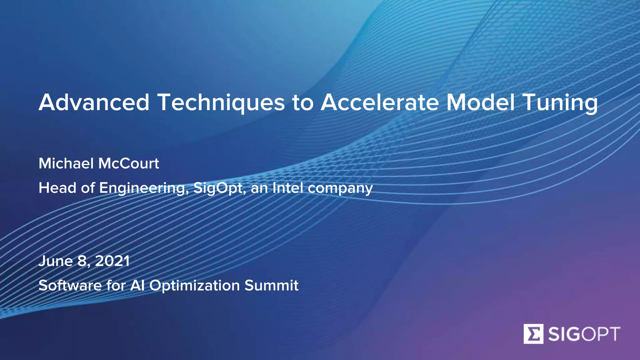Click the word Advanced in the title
point(94,102)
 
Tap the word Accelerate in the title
point(379,102)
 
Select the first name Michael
point(66,163)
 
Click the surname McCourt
point(129,163)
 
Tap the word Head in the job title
point(57,188)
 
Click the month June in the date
point(56,261)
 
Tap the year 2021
point(112,261)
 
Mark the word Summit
point(271,285)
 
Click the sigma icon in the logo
point(533,334)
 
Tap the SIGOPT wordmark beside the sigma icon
point(584,334)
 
